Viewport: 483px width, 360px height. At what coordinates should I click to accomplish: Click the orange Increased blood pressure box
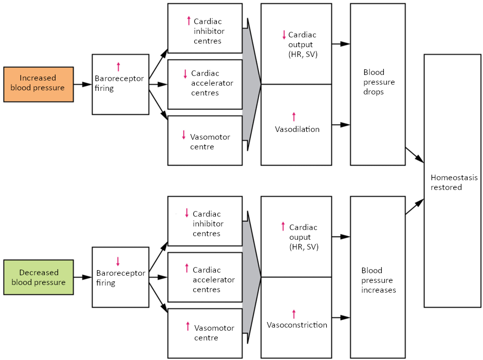click(38, 84)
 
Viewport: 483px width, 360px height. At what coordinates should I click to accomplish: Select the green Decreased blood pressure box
click(38, 277)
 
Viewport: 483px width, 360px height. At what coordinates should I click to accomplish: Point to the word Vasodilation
click(297, 129)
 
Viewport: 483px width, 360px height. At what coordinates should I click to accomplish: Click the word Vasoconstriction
click(296, 325)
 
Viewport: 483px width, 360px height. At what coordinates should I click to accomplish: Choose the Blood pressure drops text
click(378, 82)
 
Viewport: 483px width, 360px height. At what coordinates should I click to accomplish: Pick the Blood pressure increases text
click(378, 280)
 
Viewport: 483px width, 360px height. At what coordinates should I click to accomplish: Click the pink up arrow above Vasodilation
click(294, 117)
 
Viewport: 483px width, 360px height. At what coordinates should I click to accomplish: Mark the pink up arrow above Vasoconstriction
click(294, 313)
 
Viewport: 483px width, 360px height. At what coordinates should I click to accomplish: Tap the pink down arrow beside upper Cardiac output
click(283, 35)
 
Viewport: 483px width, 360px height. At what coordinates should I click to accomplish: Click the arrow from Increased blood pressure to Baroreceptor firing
click(82, 84)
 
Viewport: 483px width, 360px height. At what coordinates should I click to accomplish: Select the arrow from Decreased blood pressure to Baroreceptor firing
click(82, 277)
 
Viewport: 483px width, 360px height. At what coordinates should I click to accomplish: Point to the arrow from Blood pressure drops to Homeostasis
click(415, 155)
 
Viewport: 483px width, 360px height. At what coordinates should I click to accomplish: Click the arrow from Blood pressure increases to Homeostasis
click(415, 207)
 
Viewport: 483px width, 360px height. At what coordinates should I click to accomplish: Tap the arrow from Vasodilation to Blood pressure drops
click(341, 124)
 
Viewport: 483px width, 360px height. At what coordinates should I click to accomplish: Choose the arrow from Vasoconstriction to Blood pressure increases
click(341, 318)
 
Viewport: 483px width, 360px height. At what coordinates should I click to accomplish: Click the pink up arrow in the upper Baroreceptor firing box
click(118, 66)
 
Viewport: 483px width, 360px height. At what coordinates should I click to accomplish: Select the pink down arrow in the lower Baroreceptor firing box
click(118, 261)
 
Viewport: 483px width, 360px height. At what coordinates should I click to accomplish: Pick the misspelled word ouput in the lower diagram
click(300, 237)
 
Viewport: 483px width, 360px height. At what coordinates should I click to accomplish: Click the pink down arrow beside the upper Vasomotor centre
click(183, 135)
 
